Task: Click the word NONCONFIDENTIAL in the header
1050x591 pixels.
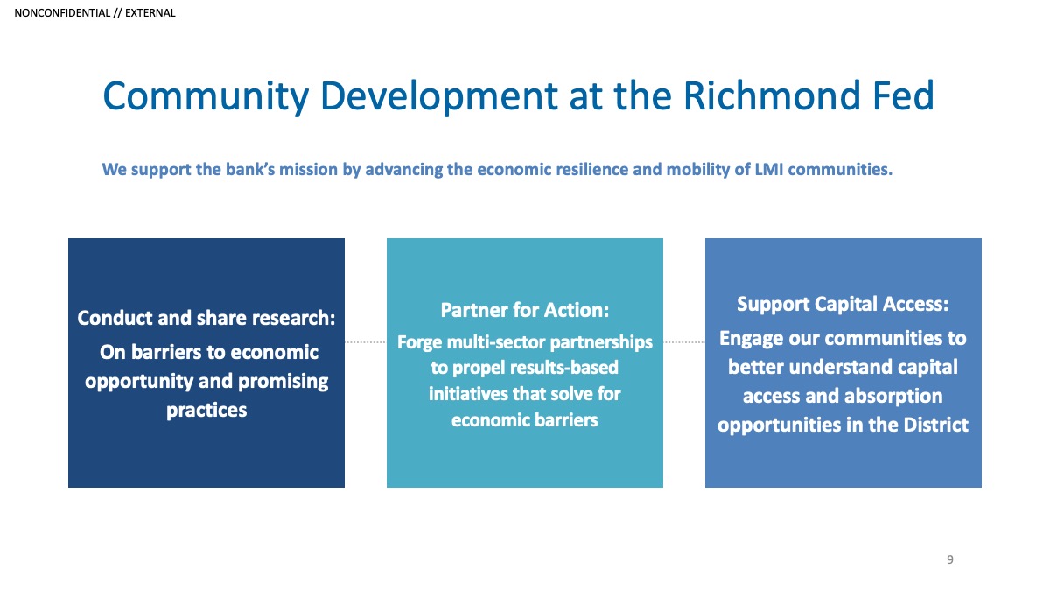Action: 62,13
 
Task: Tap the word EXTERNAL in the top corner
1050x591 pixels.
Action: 150,13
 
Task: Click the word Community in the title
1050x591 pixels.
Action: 206,97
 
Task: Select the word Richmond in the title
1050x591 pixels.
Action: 772,95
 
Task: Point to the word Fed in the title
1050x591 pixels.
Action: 903,95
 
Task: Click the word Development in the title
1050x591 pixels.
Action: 438,97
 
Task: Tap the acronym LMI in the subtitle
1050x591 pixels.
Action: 769,169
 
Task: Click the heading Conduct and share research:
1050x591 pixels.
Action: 206,318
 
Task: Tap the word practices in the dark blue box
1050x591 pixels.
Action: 206,411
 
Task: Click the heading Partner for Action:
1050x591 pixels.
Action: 524,310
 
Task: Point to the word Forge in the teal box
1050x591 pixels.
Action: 419,343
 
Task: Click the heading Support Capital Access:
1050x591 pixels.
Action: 843,304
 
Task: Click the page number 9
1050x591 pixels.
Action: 949,559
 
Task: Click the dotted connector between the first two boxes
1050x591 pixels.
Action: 366,342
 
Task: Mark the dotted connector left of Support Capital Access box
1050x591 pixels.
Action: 684,342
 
